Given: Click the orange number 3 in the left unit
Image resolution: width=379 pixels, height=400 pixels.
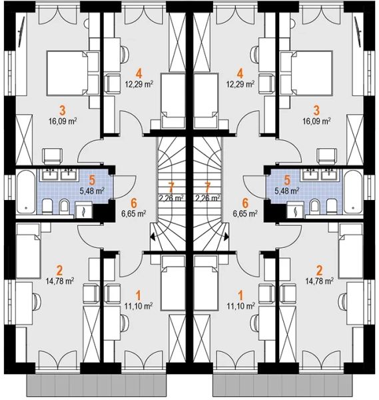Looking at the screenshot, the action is click(x=63, y=111).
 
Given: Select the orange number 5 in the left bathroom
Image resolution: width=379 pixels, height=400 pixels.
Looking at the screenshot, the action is click(x=92, y=180).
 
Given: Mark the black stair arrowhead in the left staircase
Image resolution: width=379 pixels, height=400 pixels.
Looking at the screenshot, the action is click(x=153, y=237).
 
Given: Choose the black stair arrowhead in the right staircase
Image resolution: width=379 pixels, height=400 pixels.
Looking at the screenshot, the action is click(x=226, y=237).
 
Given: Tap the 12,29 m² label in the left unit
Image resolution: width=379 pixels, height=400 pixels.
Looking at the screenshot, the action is click(x=139, y=84).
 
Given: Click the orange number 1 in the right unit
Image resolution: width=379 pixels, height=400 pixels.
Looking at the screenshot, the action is click(x=240, y=295).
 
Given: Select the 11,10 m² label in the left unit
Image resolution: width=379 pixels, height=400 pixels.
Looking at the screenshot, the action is click(x=139, y=305).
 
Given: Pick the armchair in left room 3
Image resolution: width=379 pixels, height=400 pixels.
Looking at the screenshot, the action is click(x=53, y=157).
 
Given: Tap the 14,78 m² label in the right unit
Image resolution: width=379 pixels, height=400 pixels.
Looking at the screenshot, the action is click(x=320, y=281).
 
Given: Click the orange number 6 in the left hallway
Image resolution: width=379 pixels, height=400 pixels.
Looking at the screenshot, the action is click(x=134, y=203).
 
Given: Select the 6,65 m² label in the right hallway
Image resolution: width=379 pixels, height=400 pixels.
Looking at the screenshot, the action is click(x=245, y=213).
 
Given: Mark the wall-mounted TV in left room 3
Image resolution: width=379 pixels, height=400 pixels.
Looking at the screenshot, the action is click(x=21, y=31).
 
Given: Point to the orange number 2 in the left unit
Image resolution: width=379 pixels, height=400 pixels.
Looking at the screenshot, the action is click(x=60, y=270).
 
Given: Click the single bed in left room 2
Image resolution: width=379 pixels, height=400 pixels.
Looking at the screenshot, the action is click(x=28, y=251).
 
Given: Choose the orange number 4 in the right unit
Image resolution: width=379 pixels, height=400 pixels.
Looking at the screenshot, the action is click(x=240, y=74).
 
